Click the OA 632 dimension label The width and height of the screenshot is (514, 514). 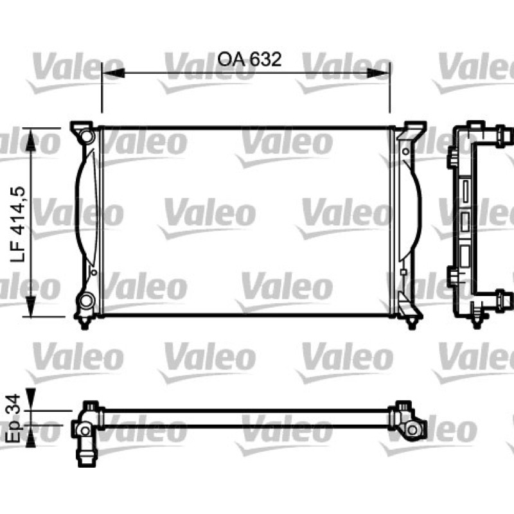[249, 59]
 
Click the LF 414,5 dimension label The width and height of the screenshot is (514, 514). [18, 224]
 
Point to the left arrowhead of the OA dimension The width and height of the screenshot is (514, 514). [114, 73]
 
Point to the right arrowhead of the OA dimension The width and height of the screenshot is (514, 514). [378, 73]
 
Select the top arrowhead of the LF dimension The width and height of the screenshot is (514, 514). [30, 140]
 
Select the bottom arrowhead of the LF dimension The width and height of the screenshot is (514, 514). [30, 306]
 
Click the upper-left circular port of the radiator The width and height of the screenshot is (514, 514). [87, 136]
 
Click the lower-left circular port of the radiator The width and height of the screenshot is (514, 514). [87, 300]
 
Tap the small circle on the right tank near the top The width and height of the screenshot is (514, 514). [406, 152]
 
